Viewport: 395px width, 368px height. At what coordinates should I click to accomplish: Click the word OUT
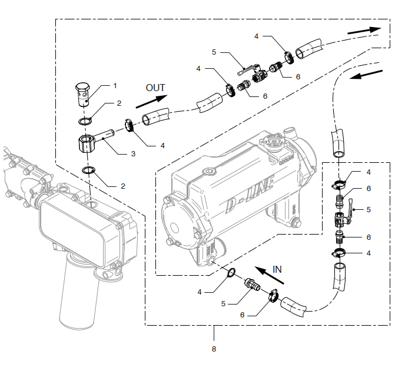(155, 88)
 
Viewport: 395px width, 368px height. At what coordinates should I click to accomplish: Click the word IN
(277, 269)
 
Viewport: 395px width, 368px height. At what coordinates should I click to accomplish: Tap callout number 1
(115, 85)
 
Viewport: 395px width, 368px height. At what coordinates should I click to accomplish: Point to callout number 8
(214, 349)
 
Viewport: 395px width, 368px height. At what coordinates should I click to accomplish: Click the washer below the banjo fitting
(89, 170)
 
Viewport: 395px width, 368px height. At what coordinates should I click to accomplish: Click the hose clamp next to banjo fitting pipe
(128, 126)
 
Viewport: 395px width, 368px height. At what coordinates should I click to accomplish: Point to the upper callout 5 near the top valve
(214, 52)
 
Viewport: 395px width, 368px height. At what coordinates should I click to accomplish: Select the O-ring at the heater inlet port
(231, 272)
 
